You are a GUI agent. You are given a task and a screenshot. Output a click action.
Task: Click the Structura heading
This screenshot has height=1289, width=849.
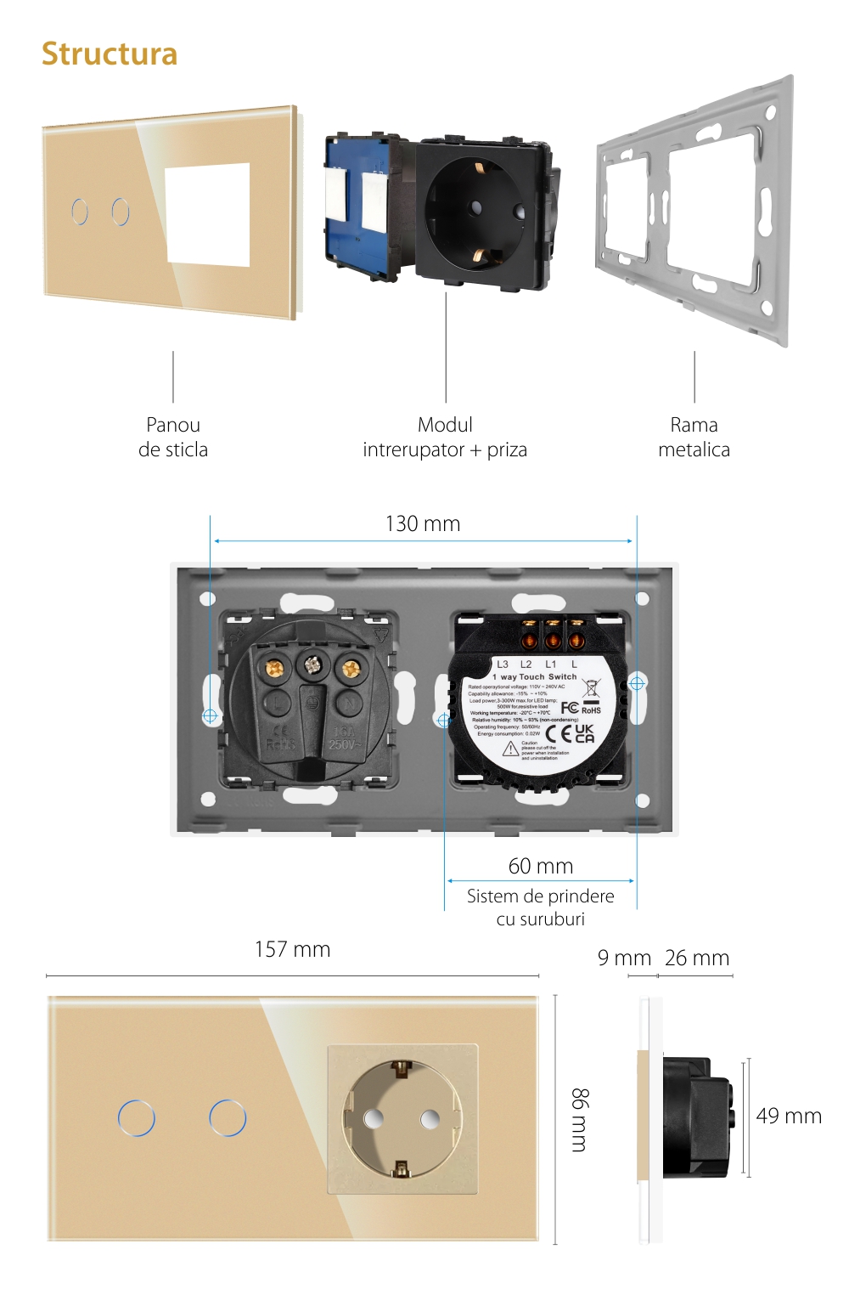(110, 54)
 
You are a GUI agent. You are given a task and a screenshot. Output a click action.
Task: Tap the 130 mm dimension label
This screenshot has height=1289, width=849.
(423, 524)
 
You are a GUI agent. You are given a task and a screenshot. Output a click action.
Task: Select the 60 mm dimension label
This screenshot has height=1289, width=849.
(541, 867)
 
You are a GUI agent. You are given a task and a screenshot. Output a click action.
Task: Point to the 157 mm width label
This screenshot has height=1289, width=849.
(292, 950)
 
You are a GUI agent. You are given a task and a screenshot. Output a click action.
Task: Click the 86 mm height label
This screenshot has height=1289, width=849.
(579, 1119)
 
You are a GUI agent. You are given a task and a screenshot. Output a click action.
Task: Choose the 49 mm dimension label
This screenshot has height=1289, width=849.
(789, 1117)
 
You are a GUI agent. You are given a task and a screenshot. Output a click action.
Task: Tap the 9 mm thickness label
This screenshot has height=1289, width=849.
(624, 958)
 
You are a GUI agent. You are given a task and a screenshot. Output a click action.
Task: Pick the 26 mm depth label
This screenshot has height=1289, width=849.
(697, 958)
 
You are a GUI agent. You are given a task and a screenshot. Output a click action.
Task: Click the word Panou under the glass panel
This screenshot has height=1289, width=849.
(173, 425)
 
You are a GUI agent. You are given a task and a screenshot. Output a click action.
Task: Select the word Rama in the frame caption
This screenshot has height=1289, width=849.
(694, 425)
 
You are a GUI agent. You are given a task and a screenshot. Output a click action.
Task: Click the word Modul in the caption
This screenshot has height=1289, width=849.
(445, 425)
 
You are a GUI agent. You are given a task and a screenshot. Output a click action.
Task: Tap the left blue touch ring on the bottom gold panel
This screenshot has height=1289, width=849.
(137, 1118)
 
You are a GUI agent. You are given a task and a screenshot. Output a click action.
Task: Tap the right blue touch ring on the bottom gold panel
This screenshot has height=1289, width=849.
(228, 1118)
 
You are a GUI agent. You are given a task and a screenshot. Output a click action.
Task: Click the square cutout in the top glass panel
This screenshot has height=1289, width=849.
(208, 213)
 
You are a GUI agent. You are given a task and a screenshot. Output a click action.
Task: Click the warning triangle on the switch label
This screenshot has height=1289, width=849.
(510, 749)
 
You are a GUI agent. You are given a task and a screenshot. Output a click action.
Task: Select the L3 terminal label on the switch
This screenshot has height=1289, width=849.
(503, 664)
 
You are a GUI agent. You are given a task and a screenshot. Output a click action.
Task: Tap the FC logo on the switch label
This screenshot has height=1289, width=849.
(570, 708)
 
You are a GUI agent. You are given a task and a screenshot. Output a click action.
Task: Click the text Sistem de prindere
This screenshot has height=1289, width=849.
(540, 896)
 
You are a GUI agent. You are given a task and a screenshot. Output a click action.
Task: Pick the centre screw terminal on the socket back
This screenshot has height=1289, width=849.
(312, 665)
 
